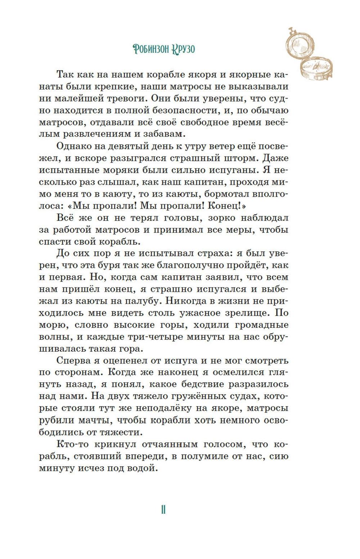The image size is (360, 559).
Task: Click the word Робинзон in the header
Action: pos(151,49)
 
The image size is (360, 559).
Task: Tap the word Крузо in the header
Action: pos(183,49)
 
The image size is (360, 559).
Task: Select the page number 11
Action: pos(163,510)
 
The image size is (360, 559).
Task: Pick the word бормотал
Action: pos(231,194)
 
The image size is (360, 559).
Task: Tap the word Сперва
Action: pos(74,361)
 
